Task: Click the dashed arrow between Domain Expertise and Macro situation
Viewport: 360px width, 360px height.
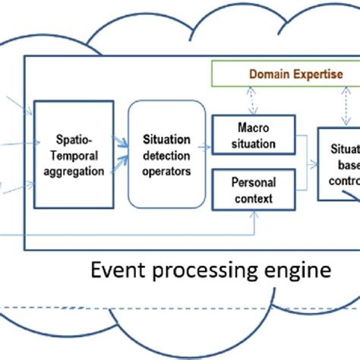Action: point(245,99)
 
